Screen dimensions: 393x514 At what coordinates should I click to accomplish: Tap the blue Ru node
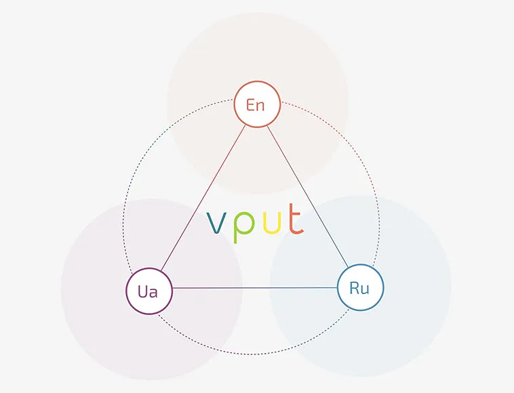360,287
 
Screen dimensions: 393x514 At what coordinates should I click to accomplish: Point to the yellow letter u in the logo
271,222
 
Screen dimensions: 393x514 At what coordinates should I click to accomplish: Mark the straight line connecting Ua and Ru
254,289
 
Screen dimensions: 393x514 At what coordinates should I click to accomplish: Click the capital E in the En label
251,105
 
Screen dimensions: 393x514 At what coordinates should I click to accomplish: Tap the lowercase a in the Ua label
154,292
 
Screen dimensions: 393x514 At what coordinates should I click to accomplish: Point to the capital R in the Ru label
355,287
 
